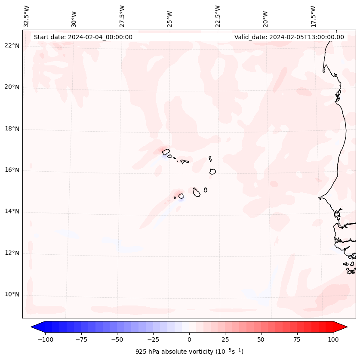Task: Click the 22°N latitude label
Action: [x=12, y=46]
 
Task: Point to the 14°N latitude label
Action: [x=12, y=212]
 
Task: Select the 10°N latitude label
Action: [x=12, y=295]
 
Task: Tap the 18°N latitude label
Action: [x=12, y=129]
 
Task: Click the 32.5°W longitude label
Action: [x=27, y=15]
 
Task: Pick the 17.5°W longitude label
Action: [x=314, y=15]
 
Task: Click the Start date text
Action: [x=83, y=37]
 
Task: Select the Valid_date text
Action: [x=289, y=37]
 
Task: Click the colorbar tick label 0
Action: [x=189, y=339]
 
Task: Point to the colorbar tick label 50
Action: [x=261, y=339]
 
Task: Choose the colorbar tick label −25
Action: [x=153, y=339]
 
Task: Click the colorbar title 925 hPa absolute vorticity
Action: [x=189, y=352]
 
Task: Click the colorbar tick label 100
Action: [x=332, y=339]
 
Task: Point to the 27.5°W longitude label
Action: [x=122, y=15]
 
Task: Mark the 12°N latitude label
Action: [x=12, y=253]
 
